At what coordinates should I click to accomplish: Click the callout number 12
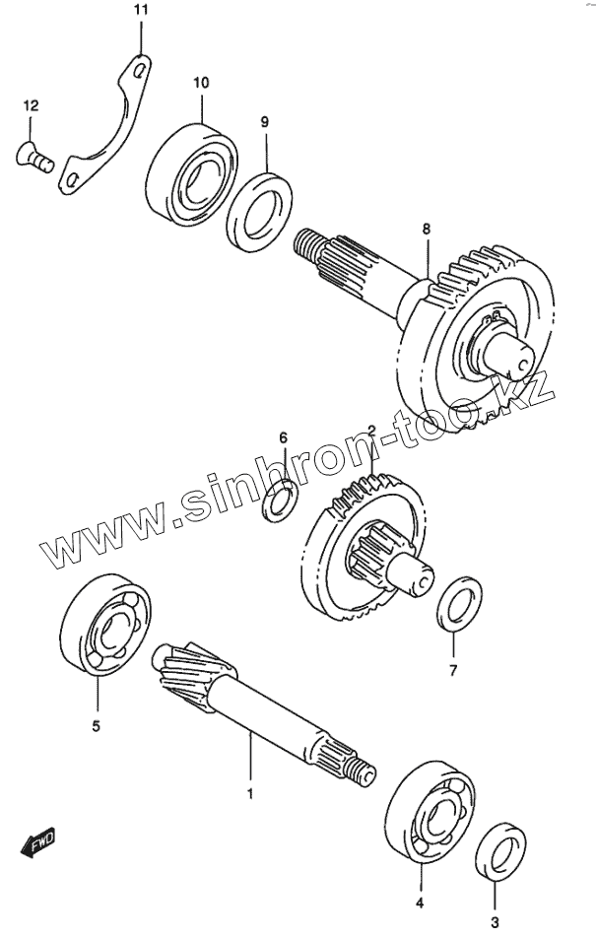pyautogui.click(x=31, y=105)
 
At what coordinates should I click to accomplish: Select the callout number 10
pyautogui.click(x=201, y=83)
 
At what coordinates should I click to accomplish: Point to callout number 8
pyautogui.click(x=426, y=229)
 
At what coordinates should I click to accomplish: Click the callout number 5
pyautogui.click(x=97, y=727)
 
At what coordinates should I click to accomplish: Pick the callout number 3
pyautogui.click(x=495, y=918)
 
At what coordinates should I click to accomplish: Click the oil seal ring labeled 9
pyautogui.click(x=258, y=210)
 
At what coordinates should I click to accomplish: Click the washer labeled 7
pyautogui.click(x=457, y=604)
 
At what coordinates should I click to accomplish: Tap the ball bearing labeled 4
pyautogui.click(x=426, y=808)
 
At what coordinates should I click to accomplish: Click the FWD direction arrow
pyautogui.click(x=37, y=843)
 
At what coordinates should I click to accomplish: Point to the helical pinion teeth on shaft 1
pyautogui.click(x=183, y=674)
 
